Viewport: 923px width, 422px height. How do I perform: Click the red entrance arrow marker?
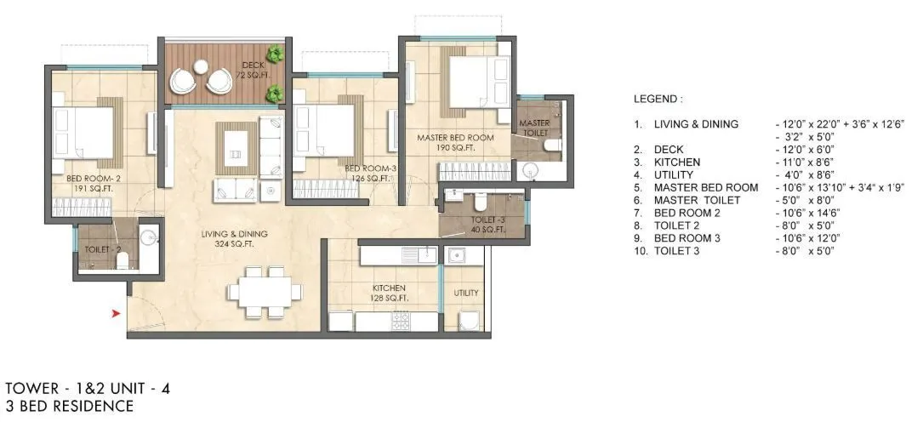(x=117, y=315)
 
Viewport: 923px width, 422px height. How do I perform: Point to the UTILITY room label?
(x=465, y=293)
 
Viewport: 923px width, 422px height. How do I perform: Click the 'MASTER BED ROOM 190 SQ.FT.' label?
(x=455, y=142)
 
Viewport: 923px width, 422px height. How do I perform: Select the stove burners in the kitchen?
(x=399, y=322)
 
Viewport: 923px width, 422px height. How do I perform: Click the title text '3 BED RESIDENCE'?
(x=69, y=406)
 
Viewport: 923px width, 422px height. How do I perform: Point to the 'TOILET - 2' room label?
(x=102, y=250)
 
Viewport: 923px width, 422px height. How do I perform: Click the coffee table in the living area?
(x=236, y=142)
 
